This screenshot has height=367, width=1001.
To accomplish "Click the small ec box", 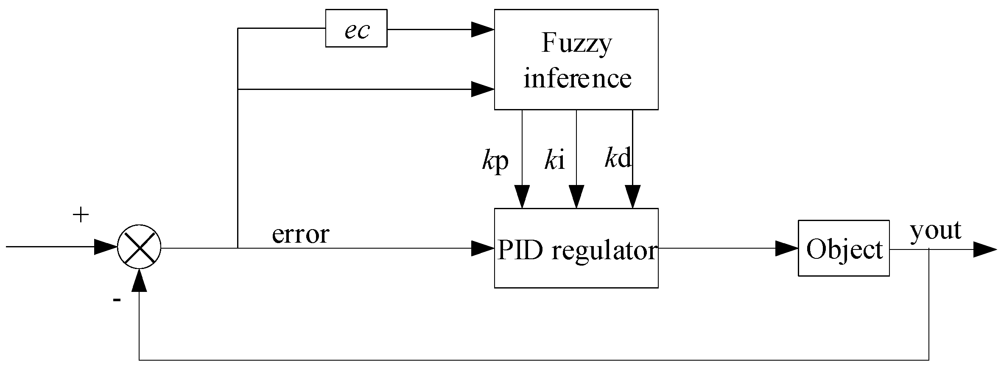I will pyautogui.click(x=356, y=28).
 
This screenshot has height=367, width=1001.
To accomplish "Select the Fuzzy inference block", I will pyautogui.click(x=576, y=59).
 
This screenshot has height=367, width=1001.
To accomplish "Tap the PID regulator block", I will pyautogui.click(x=576, y=248).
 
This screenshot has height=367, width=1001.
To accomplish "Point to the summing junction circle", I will pyautogui.click(x=139, y=247).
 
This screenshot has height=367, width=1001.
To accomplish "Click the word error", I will pyautogui.click(x=300, y=234).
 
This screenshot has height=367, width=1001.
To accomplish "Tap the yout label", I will pyautogui.click(x=935, y=230).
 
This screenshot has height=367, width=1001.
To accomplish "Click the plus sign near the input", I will pyautogui.click(x=81, y=216).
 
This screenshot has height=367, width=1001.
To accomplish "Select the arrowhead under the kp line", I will pyautogui.click(x=522, y=197).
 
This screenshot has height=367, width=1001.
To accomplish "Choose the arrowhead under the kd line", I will pyautogui.click(x=632, y=197).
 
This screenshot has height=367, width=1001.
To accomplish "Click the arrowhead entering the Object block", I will pyautogui.click(x=787, y=249).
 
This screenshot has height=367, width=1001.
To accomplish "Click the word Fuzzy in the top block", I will pyautogui.click(x=576, y=43).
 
